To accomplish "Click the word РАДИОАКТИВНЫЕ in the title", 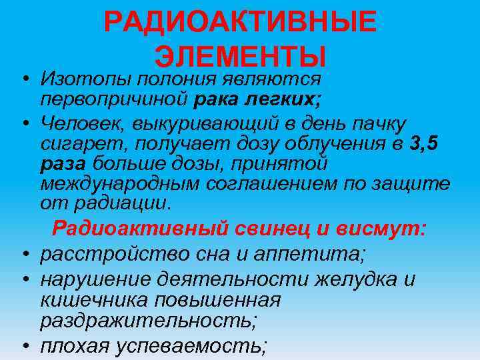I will (240, 23).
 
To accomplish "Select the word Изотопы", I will (85, 80).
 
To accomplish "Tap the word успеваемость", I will (194, 345).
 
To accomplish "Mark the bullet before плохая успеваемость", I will (25, 345).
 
